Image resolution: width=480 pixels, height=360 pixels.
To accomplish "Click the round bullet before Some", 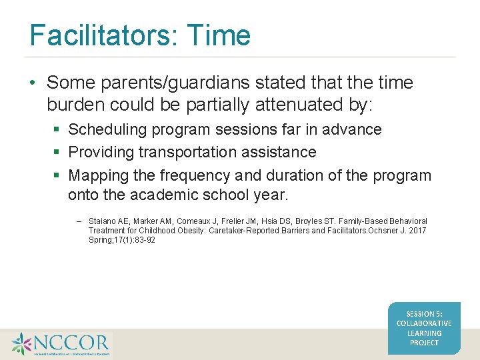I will (33, 83).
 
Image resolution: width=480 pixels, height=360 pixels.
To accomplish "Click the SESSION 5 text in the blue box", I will (424, 313).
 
